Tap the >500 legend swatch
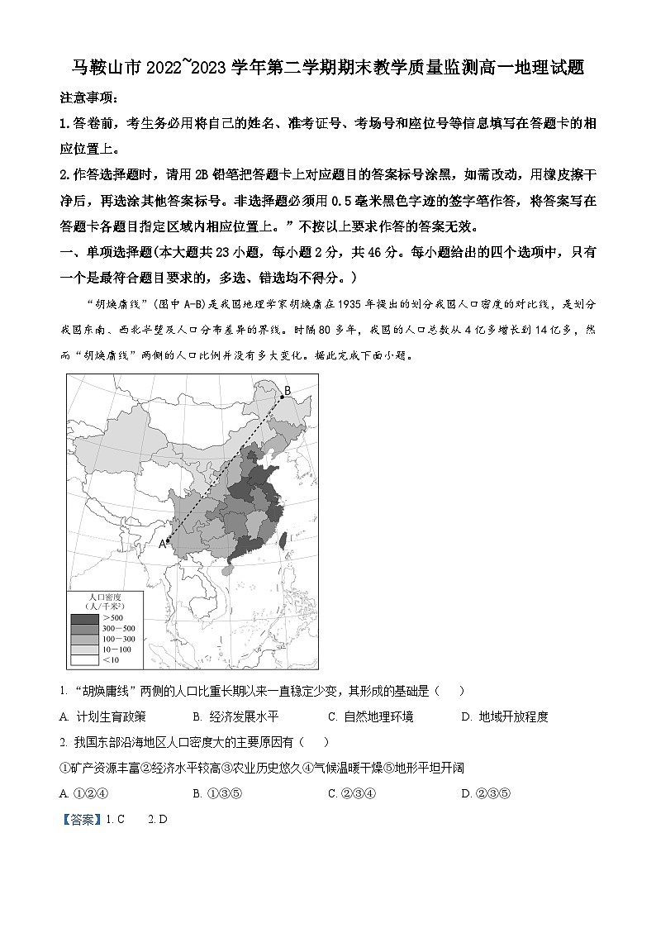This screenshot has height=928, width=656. [x=84, y=618]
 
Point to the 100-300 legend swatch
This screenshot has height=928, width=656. [x=84, y=639]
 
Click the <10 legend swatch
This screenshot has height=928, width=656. [x=84, y=659]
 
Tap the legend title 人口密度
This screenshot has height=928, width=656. [x=105, y=597]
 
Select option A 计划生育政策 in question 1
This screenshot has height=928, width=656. [x=103, y=716]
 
